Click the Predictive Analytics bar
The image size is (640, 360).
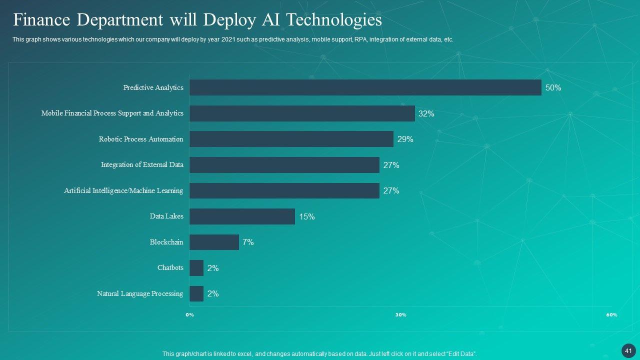tap(365, 87)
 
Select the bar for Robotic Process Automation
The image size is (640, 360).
tap(291, 139)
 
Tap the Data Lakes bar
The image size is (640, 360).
tap(242, 216)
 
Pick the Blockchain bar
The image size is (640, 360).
tap(214, 242)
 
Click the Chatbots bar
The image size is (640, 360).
tap(196, 268)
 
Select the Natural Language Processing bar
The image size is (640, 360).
tap(196, 293)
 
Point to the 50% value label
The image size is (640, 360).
tap(553, 88)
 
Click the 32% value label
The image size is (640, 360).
tap(426, 114)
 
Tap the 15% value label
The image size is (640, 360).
tap(307, 217)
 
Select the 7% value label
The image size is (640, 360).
tap(248, 242)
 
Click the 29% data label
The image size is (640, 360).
tap(405, 139)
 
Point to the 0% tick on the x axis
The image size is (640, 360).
tap(189, 315)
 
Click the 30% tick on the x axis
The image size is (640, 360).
tap(400, 315)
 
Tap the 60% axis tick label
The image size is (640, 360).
tap(611, 315)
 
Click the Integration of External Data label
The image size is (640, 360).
tap(142, 164)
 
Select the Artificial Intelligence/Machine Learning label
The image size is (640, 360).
tap(123, 190)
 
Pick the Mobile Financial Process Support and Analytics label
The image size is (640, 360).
tap(112, 113)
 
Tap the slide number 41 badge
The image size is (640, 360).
tap(628, 351)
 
